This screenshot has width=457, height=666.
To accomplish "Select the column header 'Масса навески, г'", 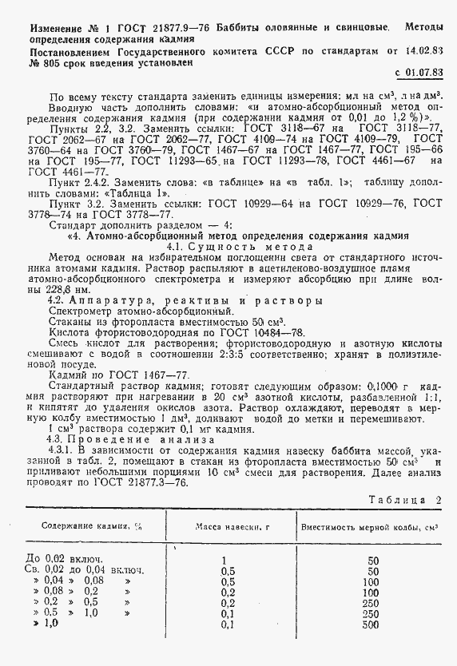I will (x=229, y=527).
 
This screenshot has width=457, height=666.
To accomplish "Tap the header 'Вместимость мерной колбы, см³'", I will (x=371, y=527).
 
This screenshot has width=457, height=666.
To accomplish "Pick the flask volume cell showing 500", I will (x=371, y=624).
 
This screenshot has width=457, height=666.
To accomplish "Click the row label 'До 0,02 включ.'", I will (x=64, y=558).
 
